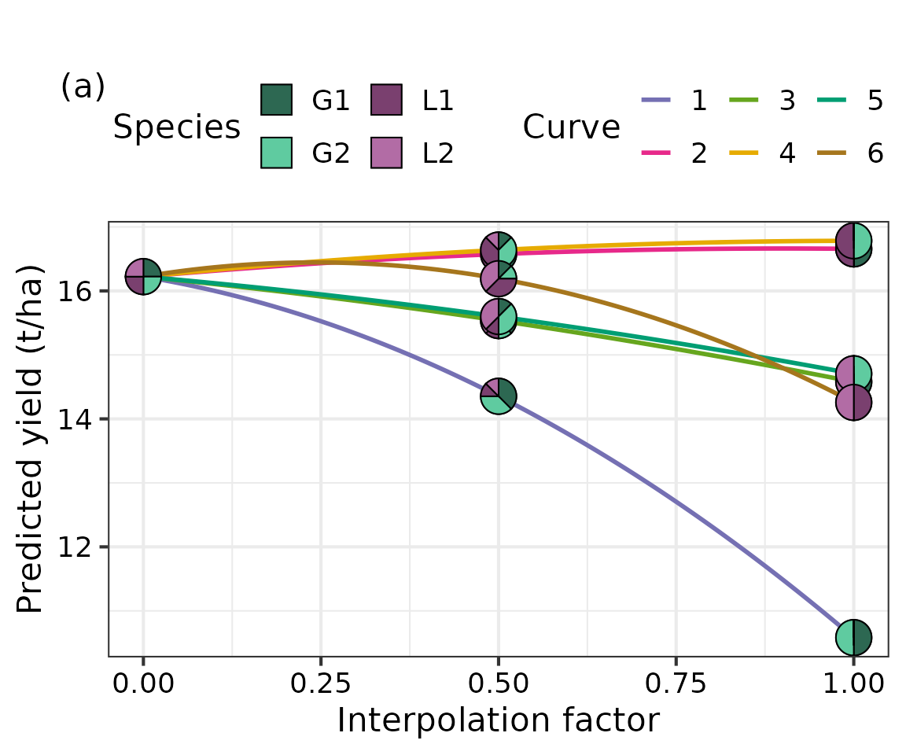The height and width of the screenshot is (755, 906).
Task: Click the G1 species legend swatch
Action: click(276, 100)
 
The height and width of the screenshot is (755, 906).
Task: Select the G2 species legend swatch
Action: click(276, 153)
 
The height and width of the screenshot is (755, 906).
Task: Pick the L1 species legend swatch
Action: click(386, 100)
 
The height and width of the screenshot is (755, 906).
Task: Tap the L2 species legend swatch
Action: click(386, 153)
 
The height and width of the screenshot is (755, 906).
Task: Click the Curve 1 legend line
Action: click(657, 101)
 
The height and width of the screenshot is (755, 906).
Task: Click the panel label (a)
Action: click(83, 87)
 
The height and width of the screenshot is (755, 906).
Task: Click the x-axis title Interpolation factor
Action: click(498, 720)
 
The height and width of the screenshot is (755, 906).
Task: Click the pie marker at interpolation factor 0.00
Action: click(142, 276)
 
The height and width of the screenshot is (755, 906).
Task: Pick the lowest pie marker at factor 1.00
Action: click(853, 637)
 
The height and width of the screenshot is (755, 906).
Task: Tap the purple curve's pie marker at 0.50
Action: click(498, 396)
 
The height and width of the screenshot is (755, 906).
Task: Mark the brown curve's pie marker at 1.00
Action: click(853, 403)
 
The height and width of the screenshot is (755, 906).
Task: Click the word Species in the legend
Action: click(177, 127)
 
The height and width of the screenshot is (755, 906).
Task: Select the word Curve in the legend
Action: click(571, 127)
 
